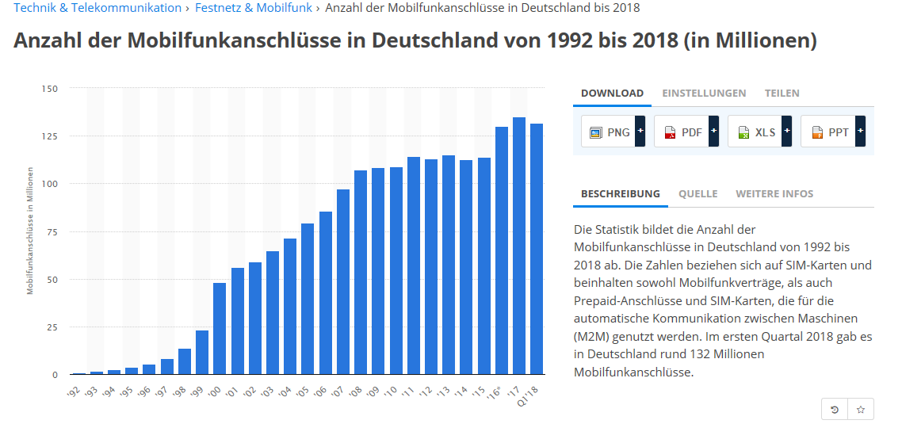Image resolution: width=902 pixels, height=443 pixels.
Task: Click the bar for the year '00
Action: [x=220, y=328]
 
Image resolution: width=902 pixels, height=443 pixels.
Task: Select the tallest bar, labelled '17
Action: [x=519, y=246]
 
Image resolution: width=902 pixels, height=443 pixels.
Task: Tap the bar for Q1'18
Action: [x=537, y=249]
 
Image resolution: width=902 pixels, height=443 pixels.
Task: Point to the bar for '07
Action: [x=343, y=281]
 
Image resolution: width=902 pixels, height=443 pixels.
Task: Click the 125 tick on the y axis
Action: [x=49, y=136]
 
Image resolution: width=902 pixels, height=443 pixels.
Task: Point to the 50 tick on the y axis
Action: [x=52, y=280]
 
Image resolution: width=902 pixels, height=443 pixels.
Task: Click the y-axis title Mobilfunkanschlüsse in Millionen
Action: [x=30, y=231]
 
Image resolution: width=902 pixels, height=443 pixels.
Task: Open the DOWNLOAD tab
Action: [x=612, y=94]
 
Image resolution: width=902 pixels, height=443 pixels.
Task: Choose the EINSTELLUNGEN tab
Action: [x=704, y=94]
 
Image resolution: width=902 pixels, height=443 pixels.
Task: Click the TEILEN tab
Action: [x=782, y=94]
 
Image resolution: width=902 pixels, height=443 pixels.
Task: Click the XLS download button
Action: [x=759, y=132]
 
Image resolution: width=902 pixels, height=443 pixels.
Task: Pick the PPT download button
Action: [x=831, y=132]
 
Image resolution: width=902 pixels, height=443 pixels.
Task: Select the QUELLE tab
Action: [x=698, y=194]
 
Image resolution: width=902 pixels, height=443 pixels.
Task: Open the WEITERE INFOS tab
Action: [x=774, y=194]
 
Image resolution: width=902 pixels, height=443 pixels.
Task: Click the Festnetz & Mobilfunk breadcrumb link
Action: [x=254, y=8]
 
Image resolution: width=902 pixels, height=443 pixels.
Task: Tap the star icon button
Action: [x=861, y=409]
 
